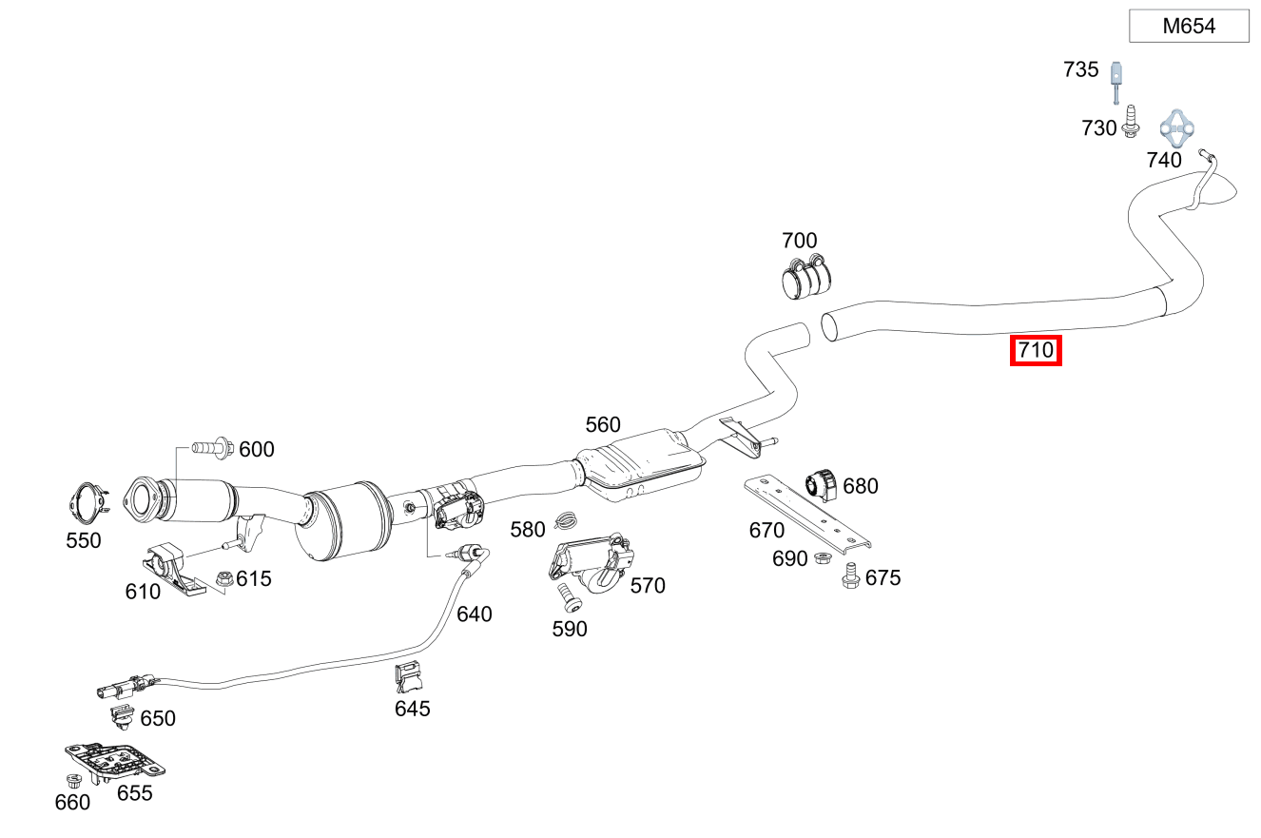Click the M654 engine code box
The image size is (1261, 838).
point(1189,26)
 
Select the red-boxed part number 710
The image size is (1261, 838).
point(1036,350)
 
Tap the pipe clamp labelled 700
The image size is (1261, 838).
point(806,277)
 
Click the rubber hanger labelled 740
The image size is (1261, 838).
point(1176,128)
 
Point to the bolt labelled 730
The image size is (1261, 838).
point(1130,121)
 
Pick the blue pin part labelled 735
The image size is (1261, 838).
point(1116,82)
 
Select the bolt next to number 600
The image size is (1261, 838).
point(213,448)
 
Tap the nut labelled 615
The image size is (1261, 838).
point(224,578)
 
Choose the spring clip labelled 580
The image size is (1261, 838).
point(565,521)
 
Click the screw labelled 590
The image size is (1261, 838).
point(569,598)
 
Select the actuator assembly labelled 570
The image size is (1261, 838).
point(591,562)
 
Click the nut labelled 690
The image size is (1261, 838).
point(823,558)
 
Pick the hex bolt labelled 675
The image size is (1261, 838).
point(850,575)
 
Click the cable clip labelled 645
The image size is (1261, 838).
point(409,677)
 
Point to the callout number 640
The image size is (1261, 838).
point(474,614)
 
